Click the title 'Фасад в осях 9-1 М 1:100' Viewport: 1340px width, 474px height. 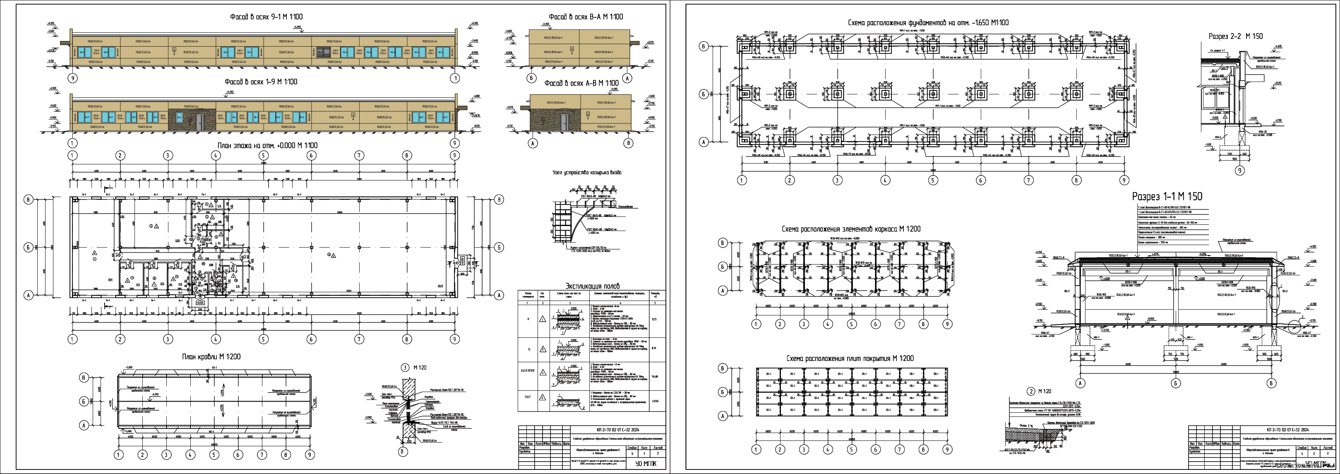point(267,17)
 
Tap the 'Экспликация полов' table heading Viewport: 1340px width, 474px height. point(592,286)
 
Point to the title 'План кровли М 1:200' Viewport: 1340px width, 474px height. point(211,357)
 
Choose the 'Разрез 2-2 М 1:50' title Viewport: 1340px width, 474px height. point(1235,36)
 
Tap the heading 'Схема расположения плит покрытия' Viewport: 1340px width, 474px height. point(850,359)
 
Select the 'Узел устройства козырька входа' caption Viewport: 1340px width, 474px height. point(586,172)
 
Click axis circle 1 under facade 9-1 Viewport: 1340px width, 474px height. point(455,78)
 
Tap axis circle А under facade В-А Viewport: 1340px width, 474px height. point(628,78)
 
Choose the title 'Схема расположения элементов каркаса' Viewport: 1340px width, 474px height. point(851,229)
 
